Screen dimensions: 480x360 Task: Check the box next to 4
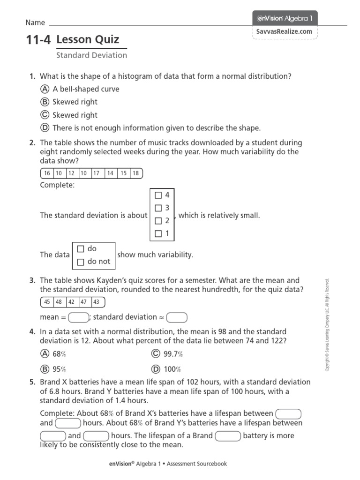pos(158,195)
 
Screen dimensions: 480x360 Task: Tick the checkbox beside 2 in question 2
pos(158,221)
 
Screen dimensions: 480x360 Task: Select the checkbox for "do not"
pos(80,262)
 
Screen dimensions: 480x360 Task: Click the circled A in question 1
pos(45,89)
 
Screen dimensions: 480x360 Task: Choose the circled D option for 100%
pos(156,369)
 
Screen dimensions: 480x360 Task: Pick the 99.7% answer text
pos(173,354)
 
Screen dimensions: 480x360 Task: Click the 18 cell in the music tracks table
pos(135,173)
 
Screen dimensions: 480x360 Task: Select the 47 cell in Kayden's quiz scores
pos(83,302)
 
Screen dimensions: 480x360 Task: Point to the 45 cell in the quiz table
pos(47,302)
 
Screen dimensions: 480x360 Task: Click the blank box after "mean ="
pos(78,318)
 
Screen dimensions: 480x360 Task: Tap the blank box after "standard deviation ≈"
pos(177,318)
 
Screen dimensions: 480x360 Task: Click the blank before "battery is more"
pos(228,436)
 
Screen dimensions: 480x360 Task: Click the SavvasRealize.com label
pos(284,31)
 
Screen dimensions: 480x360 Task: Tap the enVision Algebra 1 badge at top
pos(285,18)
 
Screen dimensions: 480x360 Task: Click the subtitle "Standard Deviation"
pos(91,55)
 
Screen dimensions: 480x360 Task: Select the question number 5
pos(32,382)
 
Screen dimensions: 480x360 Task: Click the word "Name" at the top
pos(35,22)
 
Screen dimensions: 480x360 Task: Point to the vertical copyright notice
pos(328,325)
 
